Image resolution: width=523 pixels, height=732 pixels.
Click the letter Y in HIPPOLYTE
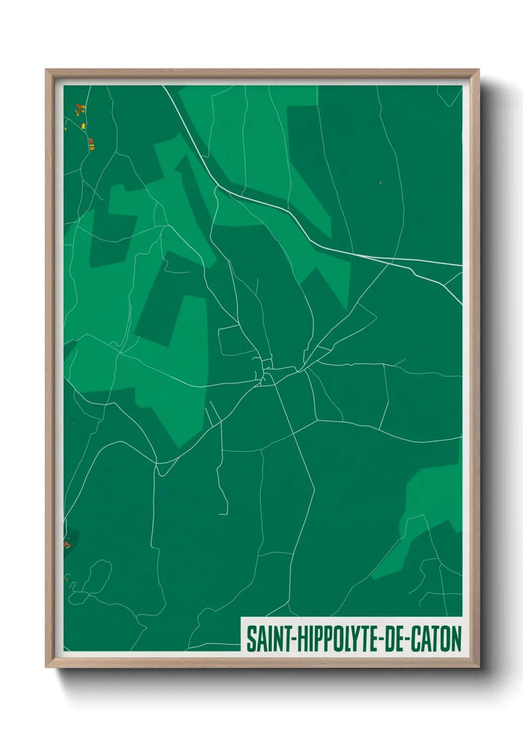[351, 639]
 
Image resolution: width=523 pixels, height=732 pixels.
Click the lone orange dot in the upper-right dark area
[380, 183]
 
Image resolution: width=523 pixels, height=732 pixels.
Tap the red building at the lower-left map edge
[67, 545]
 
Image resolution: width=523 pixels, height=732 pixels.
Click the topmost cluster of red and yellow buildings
[80, 107]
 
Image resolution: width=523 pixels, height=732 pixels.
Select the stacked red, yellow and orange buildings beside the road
[91, 144]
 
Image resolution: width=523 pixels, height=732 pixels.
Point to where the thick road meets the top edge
[165, 87]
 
